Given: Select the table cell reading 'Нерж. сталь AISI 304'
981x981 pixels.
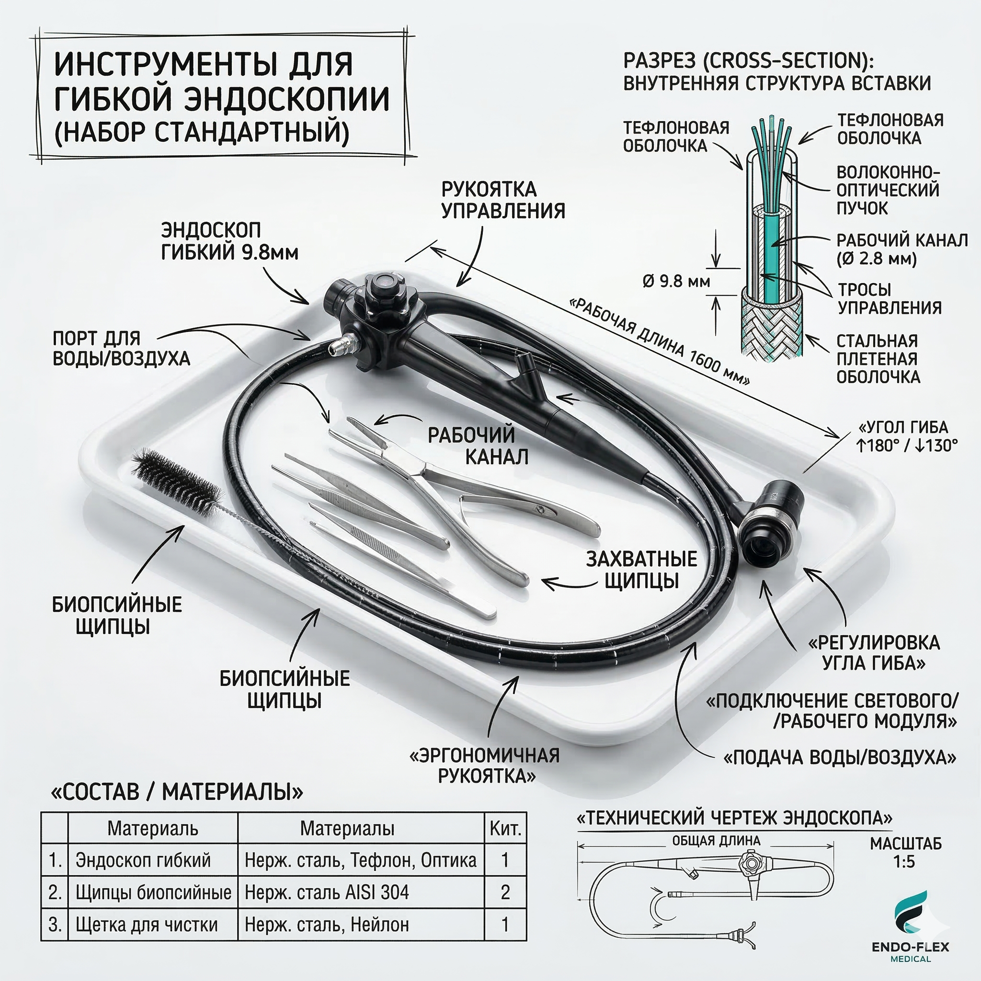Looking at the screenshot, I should pos(327,892).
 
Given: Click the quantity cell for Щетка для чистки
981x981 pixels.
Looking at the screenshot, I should pos(505,924).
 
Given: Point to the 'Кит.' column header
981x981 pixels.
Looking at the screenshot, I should pos(505,829).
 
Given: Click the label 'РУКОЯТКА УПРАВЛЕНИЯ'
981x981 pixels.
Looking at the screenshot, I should pos(502,200).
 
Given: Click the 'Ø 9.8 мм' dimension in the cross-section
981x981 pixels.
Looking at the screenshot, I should pos(676,281).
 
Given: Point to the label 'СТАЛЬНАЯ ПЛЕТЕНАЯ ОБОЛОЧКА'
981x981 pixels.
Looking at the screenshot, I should pos(878,358).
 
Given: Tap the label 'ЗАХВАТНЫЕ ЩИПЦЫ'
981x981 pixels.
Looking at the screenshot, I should pos(641,569).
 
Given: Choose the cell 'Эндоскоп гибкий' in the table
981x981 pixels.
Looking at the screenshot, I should pos(143,860).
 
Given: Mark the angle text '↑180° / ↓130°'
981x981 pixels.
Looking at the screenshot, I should pos(906,445).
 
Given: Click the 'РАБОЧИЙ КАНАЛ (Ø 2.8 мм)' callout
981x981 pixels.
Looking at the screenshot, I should pos(902,249).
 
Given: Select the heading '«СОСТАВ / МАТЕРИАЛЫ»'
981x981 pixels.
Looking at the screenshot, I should pos(177,793).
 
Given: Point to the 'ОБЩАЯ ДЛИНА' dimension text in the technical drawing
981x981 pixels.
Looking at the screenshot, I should pos(716,841).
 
